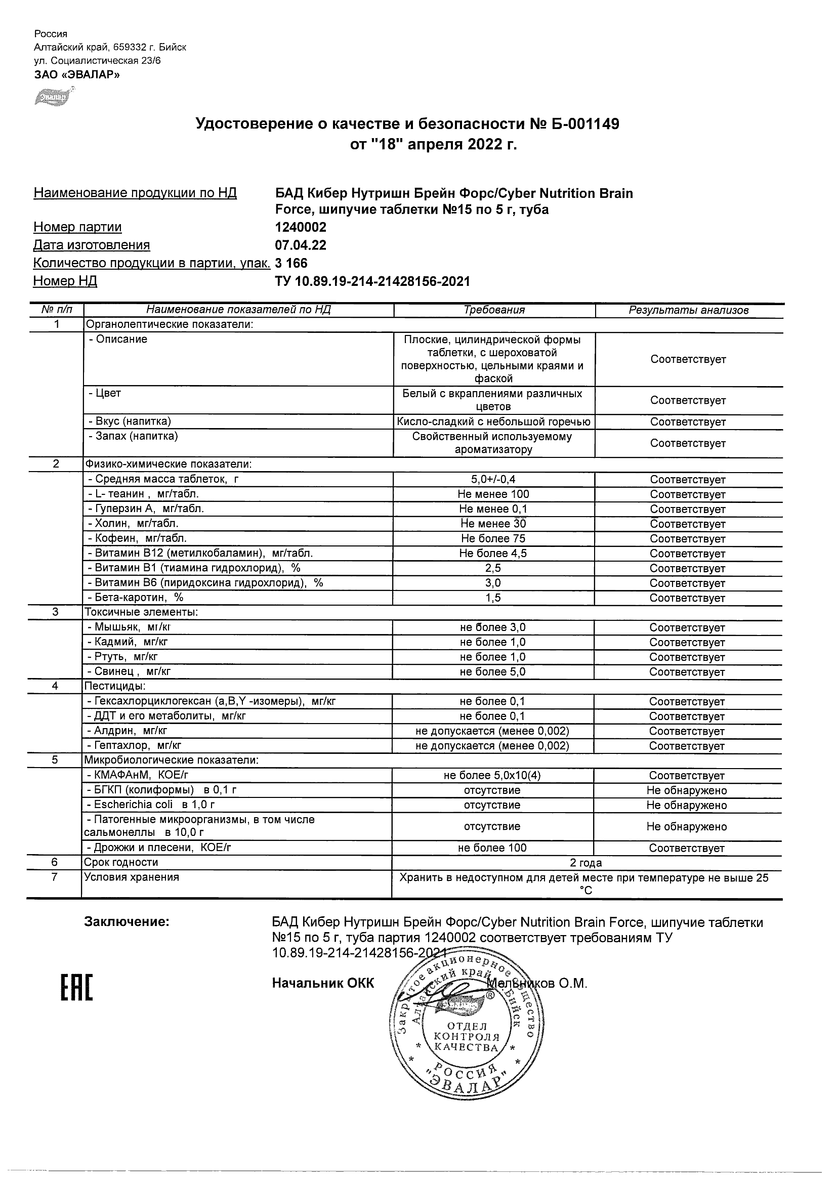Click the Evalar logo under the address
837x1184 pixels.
tap(52, 97)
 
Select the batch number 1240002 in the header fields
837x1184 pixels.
tap(301, 227)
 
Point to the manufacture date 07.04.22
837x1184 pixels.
tap(301, 245)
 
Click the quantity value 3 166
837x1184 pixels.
tap(291, 263)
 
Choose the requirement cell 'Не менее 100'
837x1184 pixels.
tap(493, 494)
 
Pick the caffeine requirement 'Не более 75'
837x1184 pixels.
tap(493, 538)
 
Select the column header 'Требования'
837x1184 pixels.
tap(494, 310)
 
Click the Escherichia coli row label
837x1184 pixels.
tap(150, 805)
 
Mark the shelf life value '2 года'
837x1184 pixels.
tap(586, 863)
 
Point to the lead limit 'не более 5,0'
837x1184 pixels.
tap(492, 671)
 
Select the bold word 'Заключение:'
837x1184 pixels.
tap(127, 922)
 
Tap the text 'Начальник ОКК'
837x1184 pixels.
tap(323, 983)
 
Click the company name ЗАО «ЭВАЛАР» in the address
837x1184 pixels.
tap(77, 74)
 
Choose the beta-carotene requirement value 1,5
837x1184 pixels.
tap(493, 598)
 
